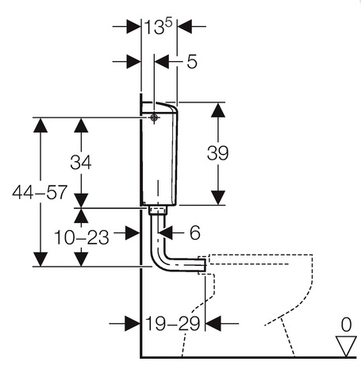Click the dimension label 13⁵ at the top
158,27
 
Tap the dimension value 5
192,62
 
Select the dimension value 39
217,153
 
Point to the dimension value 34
81,162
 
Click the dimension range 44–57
40,192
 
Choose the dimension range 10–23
82,237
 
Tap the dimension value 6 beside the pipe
195,233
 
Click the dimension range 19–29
173,323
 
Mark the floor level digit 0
346,325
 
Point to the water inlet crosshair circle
154,117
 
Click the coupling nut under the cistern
158,210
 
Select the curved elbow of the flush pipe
163,260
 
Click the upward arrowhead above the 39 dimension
218,110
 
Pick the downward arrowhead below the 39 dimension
218,198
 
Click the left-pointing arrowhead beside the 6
165,233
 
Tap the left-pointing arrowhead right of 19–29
213,323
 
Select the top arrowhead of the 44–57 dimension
40,125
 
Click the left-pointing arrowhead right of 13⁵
185,26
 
